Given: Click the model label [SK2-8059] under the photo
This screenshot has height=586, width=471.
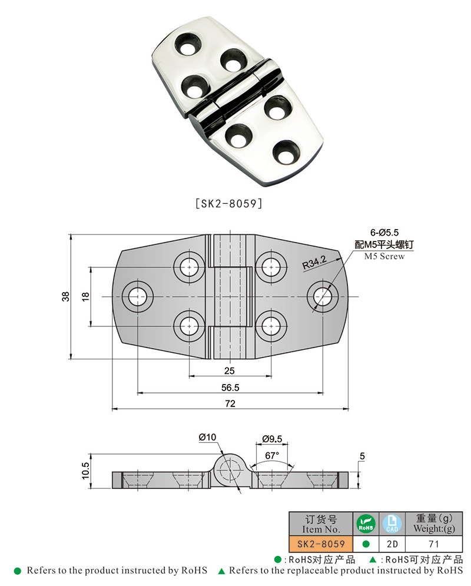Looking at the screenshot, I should [x=228, y=204].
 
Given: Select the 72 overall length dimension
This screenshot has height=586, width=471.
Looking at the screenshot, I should [x=230, y=403].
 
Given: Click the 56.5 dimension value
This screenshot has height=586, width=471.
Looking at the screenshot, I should [x=230, y=388].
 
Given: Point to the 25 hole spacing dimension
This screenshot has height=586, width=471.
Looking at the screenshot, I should [x=230, y=370].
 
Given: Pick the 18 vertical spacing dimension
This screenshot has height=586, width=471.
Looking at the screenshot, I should [x=85, y=297].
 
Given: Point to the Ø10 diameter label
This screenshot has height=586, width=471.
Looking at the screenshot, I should [x=208, y=437].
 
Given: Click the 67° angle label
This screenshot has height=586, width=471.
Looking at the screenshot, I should [x=271, y=455].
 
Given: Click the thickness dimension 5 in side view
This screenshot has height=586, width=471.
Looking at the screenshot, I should [x=362, y=456].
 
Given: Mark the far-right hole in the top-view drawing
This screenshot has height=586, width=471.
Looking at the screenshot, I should [x=323, y=296].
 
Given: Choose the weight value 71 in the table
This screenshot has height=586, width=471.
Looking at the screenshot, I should [x=434, y=544].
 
